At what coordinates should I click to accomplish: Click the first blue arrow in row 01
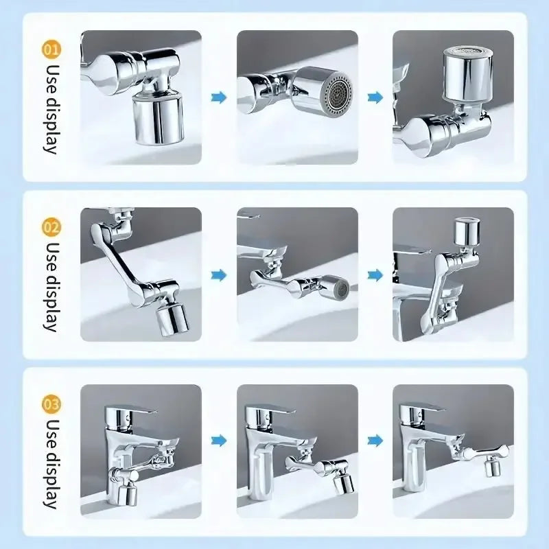[x=219, y=98]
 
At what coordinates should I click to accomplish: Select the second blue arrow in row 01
[x=375, y=98]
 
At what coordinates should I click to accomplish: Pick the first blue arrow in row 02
[x=219, y=275]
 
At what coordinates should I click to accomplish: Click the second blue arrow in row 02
[x=375, y=275]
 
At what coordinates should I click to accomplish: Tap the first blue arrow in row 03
[x=219, y=440]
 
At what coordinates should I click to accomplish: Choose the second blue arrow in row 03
[x=375, y=440]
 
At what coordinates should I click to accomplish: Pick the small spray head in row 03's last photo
[x=491, y=468]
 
